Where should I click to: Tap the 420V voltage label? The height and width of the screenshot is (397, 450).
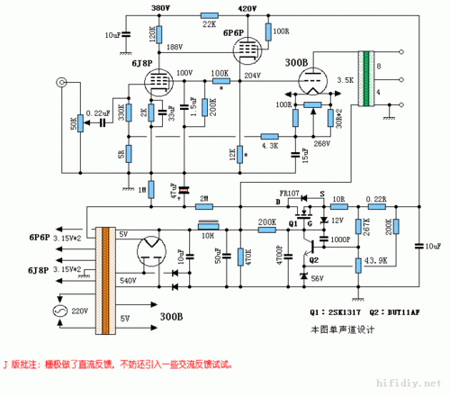tap(247, 7)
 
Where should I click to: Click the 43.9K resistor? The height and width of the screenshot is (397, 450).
tap(364, 261)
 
